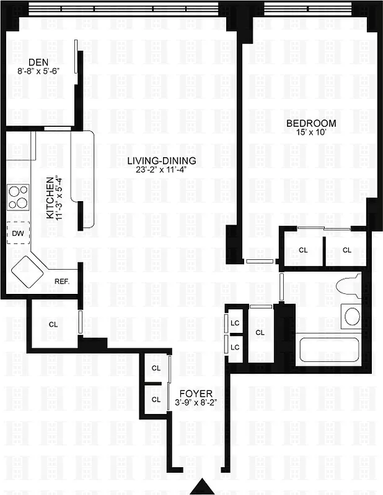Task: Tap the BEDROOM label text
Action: tap(310, 123)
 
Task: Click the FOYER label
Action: tap(195, 393)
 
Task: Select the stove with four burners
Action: tap(18, 197)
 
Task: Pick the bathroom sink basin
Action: tap(352, 317)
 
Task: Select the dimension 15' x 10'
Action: tap(310, 132)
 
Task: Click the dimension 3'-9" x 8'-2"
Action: tap(195, 402)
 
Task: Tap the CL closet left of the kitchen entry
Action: tap(53, 324)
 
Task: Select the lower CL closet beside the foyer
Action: tap(156, 399)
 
